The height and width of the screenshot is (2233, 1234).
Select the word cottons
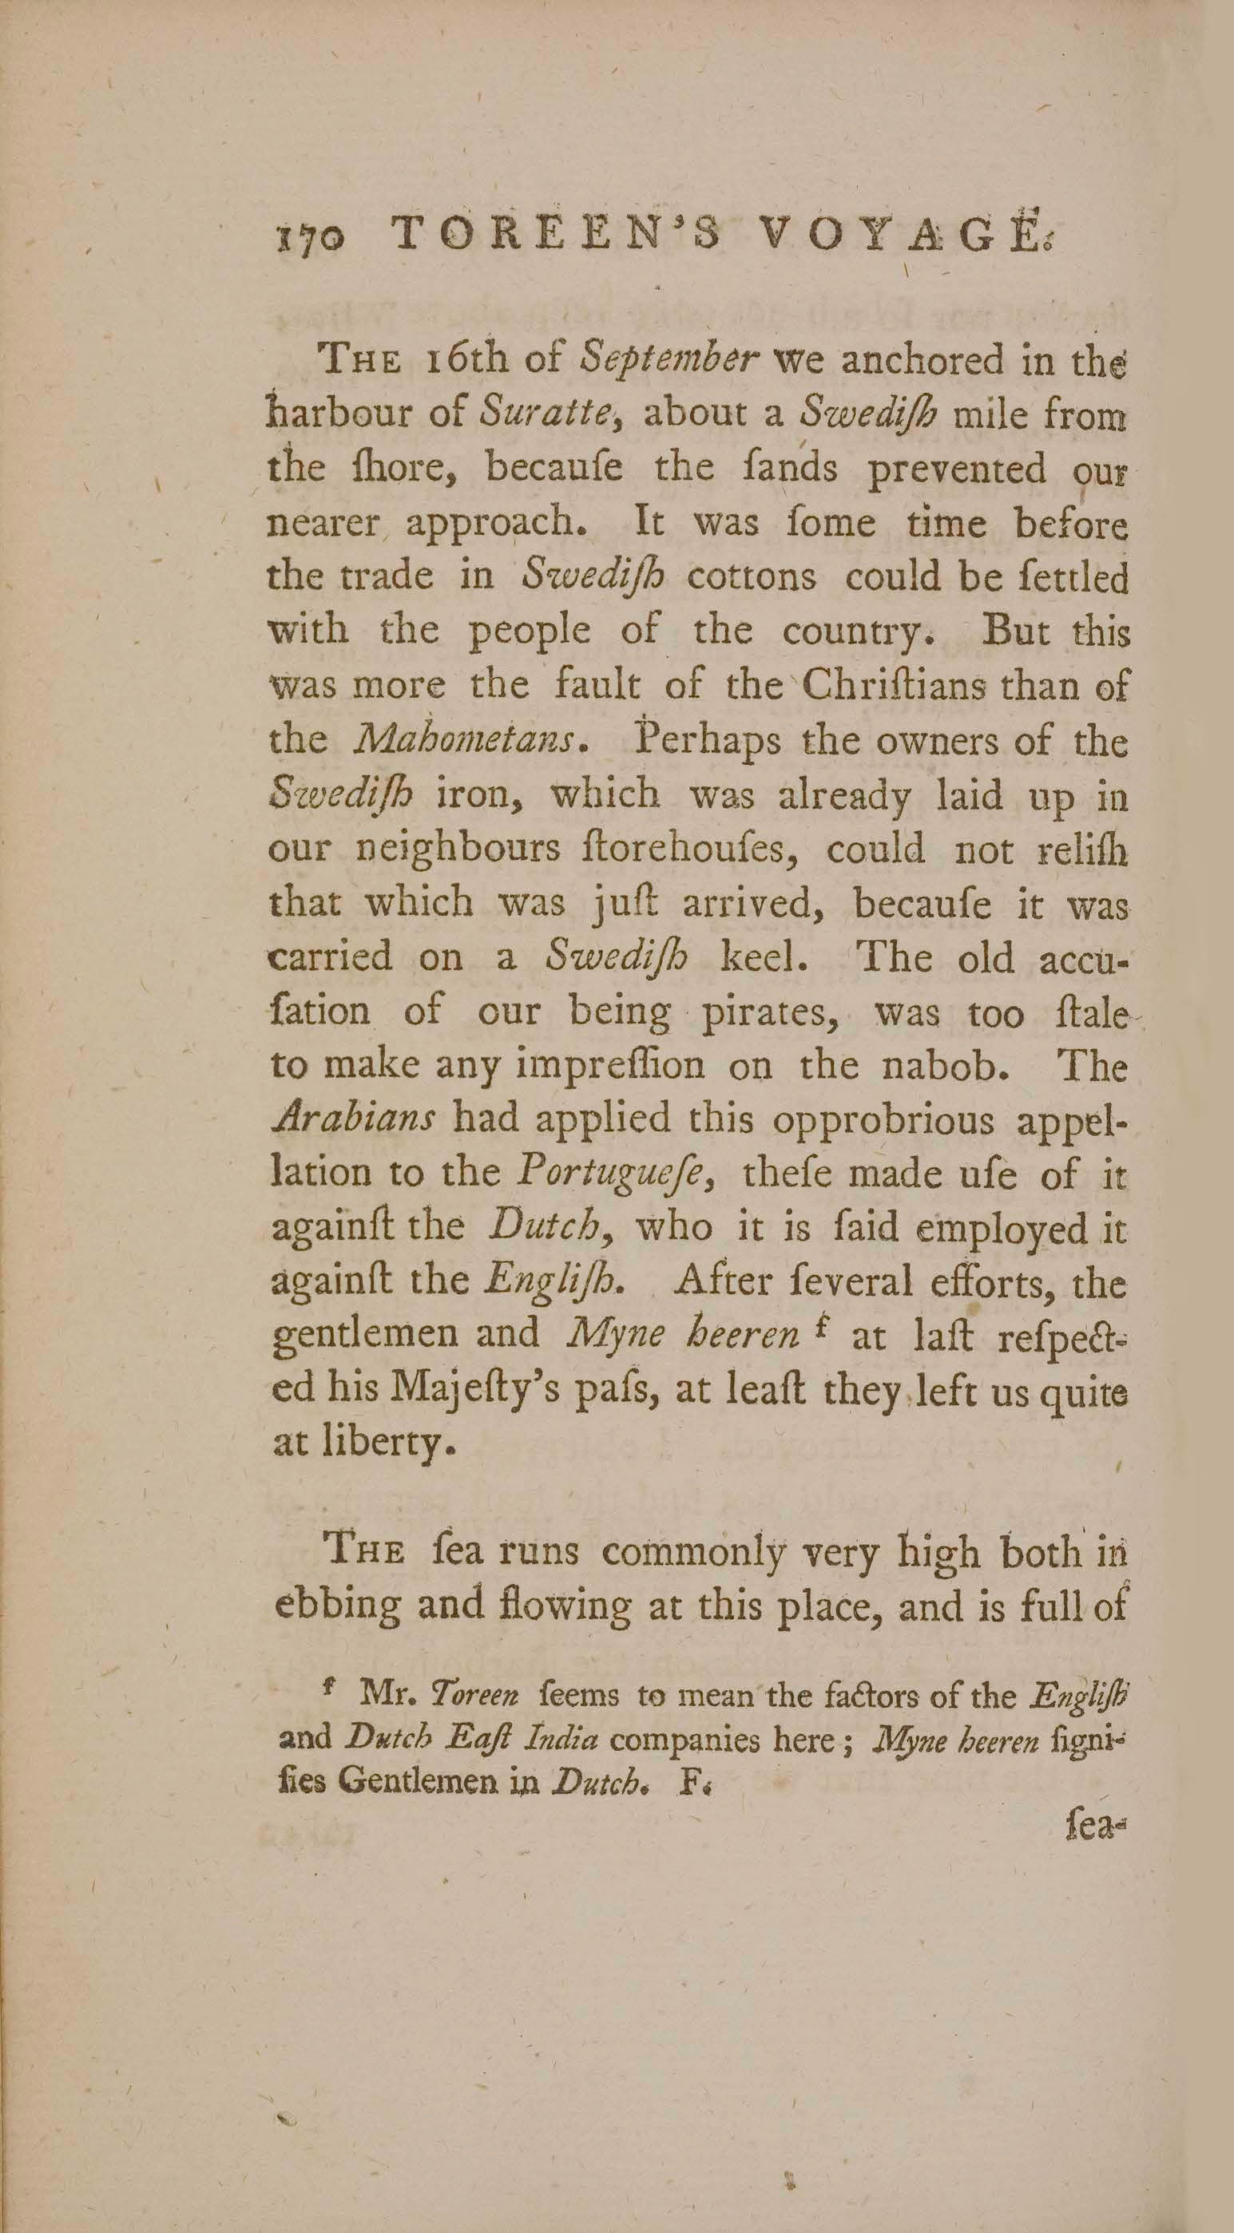tap(751, 577)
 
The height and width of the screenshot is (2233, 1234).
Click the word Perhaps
tap(712, 742)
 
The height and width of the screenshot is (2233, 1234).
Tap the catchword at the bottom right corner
tap(1096, 1827)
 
